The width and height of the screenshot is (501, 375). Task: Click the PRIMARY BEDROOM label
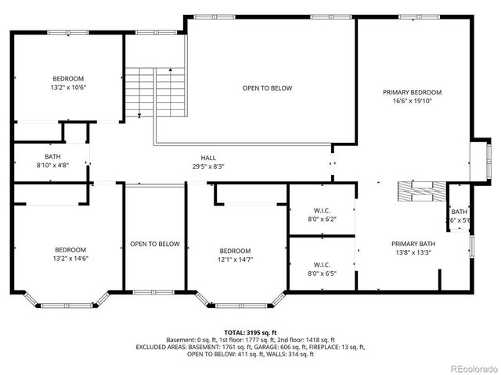[x=412, y=92]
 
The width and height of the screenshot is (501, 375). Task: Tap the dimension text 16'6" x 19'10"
[x=412, y=101]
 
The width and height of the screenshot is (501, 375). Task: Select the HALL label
[x=208, y=157]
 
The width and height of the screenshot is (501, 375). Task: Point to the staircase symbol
[x=155, y=91]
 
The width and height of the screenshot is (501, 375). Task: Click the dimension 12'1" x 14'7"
[x=235, y=259]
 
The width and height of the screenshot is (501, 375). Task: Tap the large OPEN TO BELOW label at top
[x=267, y=88]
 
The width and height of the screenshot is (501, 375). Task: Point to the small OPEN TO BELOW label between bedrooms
[x=154, y=244]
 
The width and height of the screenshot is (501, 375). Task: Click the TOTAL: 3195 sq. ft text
[x=250, y=333]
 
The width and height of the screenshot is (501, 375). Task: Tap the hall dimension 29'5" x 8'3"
[x=208, y=166]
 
